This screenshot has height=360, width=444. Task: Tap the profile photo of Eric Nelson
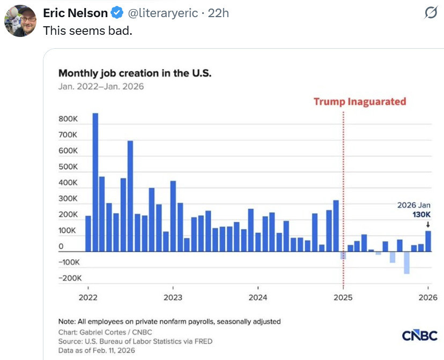20,21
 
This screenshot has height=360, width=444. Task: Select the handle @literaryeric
162,12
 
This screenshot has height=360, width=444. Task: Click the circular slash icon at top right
430,13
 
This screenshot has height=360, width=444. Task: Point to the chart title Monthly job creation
135,73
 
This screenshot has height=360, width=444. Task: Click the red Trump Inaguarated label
360,101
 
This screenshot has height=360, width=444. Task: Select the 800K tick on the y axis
68,119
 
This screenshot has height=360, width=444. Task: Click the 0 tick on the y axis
61,247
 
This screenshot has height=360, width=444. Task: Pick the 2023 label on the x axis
173,297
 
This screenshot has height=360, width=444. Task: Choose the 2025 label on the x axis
343,297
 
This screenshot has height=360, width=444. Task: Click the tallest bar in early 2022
95,182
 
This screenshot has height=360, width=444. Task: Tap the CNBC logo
420,336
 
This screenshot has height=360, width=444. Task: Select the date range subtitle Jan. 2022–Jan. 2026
101,86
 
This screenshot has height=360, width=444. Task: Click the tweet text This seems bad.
87,31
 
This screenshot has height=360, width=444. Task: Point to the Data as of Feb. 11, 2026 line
97,350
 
